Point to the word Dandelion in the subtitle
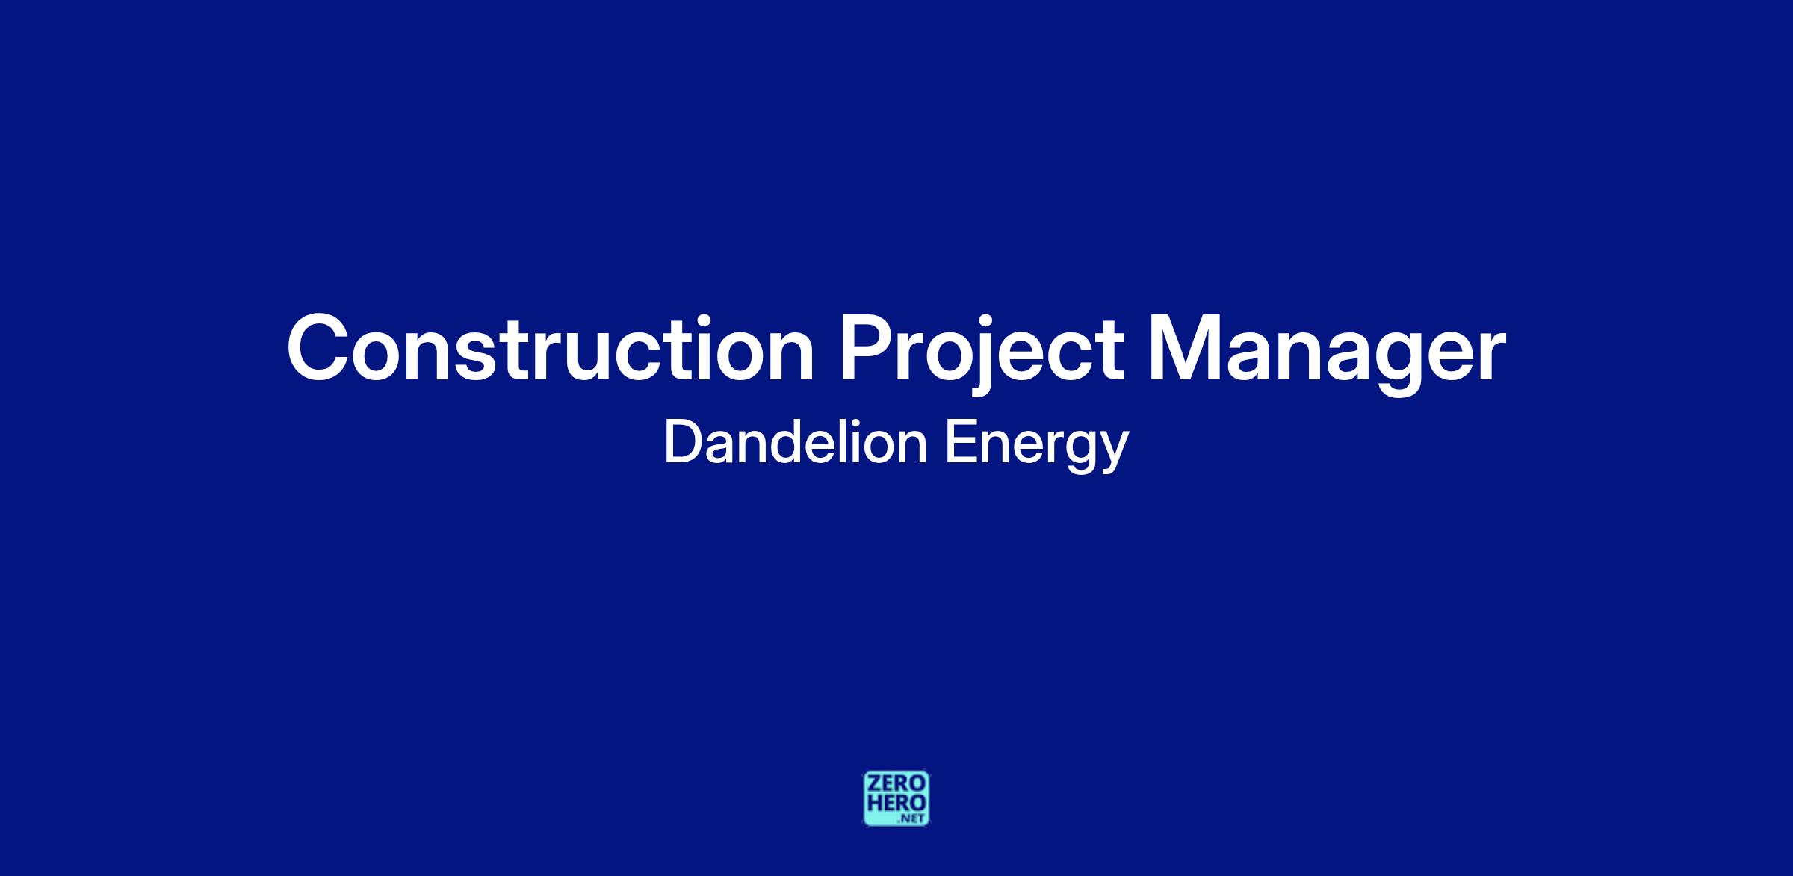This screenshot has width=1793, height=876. coord(796,442)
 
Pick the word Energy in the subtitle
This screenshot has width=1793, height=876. coord(1037,447)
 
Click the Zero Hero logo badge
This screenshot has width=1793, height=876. coord(896,799)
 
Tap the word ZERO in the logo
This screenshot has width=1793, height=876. coord(896,783)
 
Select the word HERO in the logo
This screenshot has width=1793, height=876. coord(896,802)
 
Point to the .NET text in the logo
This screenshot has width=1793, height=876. coord(912,818)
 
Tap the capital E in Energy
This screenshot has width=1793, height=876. coord(961,443)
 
